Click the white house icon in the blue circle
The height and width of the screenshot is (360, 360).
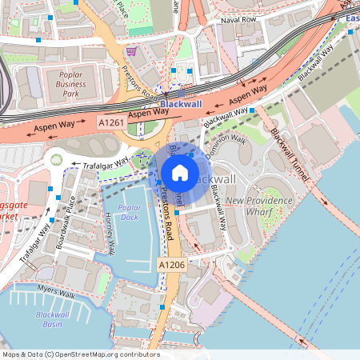pyautogui.click(x=180, y=172)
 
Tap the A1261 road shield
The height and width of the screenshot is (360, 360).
pyautogui.click(x=111, y=122)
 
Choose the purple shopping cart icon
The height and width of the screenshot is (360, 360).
pyautogui.click(x=130, y=50)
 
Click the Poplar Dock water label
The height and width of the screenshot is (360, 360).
pyautogui.click(x=130, y=212)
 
